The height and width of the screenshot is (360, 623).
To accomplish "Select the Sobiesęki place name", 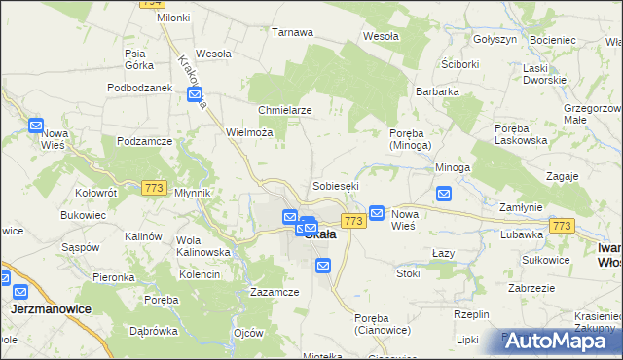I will click(336, 185).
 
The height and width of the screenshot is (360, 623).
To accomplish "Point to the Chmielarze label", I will click(284, 110).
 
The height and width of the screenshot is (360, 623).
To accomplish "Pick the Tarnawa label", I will click(292, 32).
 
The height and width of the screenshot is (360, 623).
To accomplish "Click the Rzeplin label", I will click(471, 314).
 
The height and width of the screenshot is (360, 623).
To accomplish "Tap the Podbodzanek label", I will click(139, 88).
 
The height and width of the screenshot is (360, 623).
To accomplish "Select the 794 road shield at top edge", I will click(151, 3).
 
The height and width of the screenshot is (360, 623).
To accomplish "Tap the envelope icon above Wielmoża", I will click(195, 94).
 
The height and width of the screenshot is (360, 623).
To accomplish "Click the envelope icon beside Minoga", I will click(444, 194).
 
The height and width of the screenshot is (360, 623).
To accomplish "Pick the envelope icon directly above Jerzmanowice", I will click(20, 289).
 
